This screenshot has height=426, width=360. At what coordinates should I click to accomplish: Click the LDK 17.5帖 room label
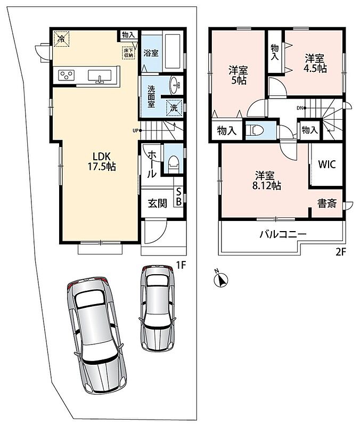[x=102, y=161]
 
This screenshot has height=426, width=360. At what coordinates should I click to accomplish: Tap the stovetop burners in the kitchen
[x=67, y=75]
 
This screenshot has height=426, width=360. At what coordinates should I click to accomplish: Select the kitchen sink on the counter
[x=100, y=76]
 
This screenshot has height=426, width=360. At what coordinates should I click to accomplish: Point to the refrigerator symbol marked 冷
[x=61, y=39]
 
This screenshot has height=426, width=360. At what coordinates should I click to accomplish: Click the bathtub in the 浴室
[x=173, y=52]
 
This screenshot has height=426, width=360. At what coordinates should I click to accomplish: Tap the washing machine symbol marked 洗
[x=174, y=108]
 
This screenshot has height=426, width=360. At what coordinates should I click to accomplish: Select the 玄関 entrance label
[x=158, y=203]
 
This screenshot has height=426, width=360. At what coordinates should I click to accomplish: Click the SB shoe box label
[x=179, y=197]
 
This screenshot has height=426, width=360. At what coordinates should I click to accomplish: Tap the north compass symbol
[x=221, y=278]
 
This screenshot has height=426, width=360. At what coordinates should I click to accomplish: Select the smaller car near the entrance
[x=157, y=308]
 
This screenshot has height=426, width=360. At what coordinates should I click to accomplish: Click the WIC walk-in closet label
[x=327, y=165]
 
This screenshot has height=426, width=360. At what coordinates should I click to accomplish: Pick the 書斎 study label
[x=327, y=203]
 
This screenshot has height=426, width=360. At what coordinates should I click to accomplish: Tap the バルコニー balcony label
[x=283, y=234]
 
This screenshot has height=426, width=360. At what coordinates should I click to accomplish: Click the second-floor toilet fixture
[x=255, y=130]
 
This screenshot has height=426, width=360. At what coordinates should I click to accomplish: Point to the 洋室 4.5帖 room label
[x=315, y=63]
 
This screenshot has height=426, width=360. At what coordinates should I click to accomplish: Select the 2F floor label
[x=341, y=252]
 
